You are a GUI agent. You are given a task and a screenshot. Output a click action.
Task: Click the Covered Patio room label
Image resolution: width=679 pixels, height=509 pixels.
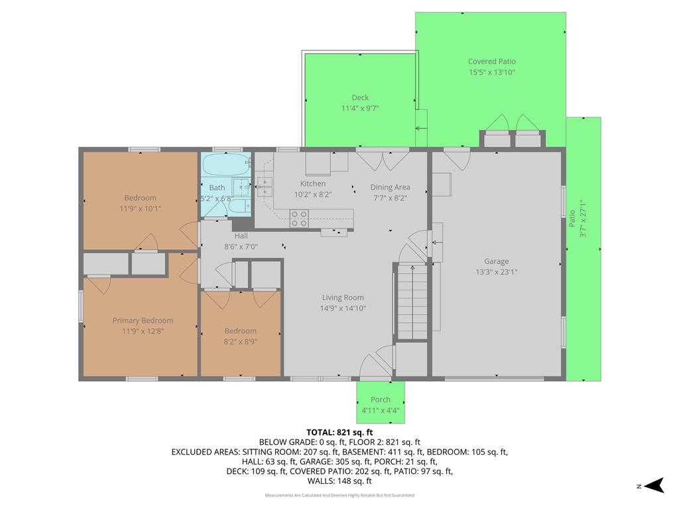click(x=491, y=62)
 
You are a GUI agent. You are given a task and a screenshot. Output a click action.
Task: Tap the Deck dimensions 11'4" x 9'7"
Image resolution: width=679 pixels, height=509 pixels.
click(x=360, y=108)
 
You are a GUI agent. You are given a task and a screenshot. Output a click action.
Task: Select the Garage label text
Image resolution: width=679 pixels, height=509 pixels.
click(x=496, y=261)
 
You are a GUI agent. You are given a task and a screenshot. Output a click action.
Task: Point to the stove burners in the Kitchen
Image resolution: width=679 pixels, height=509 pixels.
click(x=299, y=219)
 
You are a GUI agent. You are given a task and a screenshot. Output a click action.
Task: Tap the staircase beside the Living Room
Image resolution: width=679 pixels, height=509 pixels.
click(x=412, y=302)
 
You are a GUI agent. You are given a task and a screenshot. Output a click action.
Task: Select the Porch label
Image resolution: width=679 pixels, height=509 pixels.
click(x=380, y=400)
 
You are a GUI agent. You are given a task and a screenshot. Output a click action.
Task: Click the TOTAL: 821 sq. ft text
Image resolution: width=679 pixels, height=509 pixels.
click(x=339, y=432)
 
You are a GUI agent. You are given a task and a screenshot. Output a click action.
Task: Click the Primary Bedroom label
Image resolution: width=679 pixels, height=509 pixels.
click(x=143, y=321)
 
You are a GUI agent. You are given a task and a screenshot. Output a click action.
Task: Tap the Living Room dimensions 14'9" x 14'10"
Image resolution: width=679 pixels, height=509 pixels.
click(x=343, y=308)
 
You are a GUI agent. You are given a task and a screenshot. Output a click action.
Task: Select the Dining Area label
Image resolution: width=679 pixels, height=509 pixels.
click(x=390, y=188)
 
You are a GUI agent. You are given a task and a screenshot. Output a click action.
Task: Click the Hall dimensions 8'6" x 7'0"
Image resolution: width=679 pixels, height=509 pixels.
click(x=241, y=247)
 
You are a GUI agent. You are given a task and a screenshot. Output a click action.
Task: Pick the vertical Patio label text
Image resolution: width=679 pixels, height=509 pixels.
click(x=572, y=219)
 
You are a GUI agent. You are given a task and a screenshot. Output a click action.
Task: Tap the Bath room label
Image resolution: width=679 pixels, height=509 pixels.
click(x=217, y=188)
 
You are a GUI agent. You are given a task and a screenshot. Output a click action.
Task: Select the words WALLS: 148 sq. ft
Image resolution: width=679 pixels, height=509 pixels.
click(x=339, y=481)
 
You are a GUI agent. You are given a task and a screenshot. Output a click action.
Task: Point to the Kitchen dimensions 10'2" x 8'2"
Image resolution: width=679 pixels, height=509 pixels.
click(x=313, y=194)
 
